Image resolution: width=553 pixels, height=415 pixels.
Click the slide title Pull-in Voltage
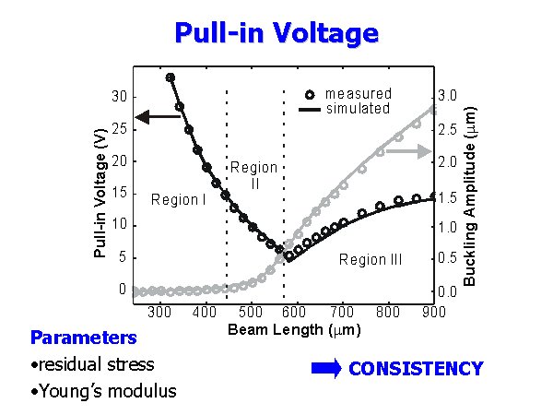(x=276, y=34)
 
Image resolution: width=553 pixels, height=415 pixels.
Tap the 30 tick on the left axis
(x=118, y=97)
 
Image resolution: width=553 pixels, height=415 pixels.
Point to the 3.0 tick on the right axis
(x=446, y=95)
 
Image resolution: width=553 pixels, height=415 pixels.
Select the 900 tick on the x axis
(x=433, y=312)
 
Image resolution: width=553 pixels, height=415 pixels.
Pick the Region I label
(x=178, y=200)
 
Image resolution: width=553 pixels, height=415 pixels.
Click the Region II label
(x=253, y=175)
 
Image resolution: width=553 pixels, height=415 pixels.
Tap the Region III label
(x=371, y=260)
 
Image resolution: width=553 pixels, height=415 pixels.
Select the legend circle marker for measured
(x=310, y=94)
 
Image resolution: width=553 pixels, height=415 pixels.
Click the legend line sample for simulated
(x=310, y=109)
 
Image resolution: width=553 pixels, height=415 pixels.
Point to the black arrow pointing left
(x=158, y=116)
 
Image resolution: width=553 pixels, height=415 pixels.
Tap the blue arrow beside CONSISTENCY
(x=326, y=369)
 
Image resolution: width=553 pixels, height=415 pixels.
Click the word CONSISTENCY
(x=416, y=369)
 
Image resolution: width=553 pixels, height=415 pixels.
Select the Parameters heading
(x=84, y=338)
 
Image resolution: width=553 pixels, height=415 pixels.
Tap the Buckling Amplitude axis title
(x=469, y=190)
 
